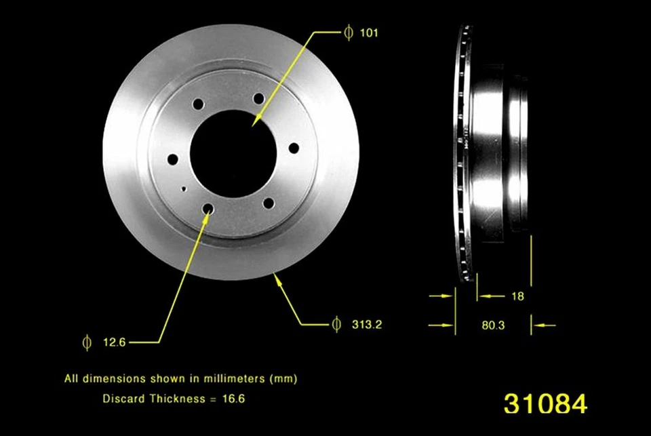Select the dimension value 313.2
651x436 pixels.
(368, 325)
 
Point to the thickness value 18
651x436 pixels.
(517, 296)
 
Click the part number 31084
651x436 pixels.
(545, 403)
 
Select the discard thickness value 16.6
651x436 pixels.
(233, 399)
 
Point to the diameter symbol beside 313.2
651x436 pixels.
(336, 325)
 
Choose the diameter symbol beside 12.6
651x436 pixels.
(86, 342)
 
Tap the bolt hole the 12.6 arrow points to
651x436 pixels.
(208, 209)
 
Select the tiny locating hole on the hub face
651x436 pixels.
(184, 189)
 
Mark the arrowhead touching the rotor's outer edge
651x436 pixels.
(277, 277)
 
